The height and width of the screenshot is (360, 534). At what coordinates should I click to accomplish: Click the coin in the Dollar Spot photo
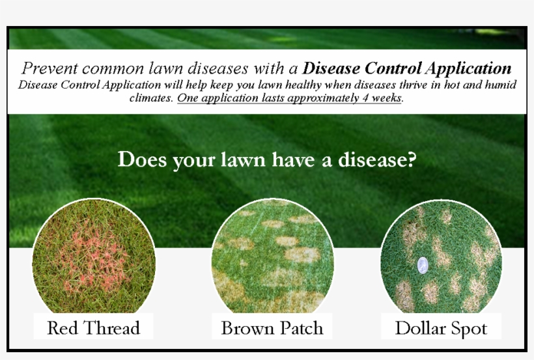click(x=423, y=266)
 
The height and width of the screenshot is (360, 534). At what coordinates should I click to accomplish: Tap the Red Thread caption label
click(x=93, y=327)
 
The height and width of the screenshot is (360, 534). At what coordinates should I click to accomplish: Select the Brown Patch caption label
click(x=272, y=328)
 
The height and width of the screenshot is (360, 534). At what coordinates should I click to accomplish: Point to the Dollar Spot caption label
click(x=441, y=328)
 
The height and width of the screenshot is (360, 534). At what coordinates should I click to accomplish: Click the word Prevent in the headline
click(x=49, y=68)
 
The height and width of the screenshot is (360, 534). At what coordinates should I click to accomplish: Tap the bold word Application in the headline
click(x=469, y=69)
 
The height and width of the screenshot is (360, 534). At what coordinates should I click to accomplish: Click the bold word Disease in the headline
click(x=331, y=68)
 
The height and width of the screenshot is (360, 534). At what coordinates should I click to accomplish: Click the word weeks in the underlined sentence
click(x=386, y=98)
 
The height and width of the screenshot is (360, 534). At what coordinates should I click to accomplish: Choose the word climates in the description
click(x=151, y=98)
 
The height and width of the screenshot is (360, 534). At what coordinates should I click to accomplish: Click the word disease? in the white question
click(x=377, y=159)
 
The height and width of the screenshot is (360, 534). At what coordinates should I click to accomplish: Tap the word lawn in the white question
click(x=243, y=159)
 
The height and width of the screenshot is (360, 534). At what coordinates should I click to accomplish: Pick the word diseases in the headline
click(x=218, y=68)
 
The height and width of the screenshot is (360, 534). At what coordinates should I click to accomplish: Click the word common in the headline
click(x=113, y=69)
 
